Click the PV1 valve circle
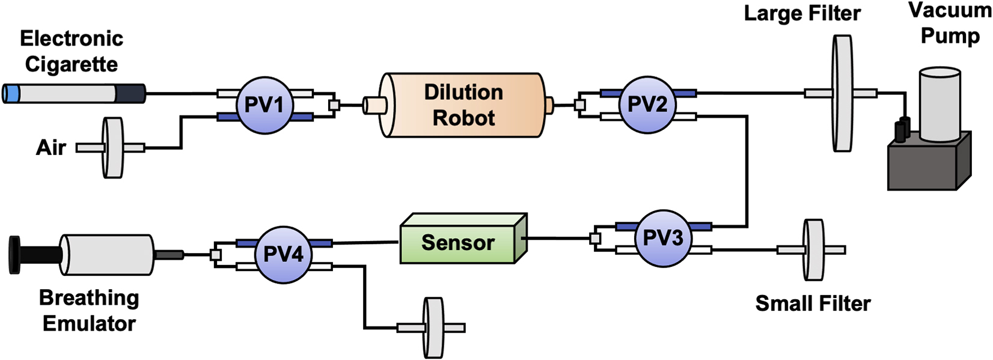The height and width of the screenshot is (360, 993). pos(264,105)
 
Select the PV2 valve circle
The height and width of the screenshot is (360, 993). pos(647,105)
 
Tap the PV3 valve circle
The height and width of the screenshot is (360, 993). pos(663,238)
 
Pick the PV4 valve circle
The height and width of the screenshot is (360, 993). pos(283,254)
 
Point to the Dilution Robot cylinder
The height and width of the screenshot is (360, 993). pos(463,105)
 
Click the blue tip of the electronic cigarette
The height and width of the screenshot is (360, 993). pos(10,94)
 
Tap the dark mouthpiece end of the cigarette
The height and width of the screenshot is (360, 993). pos(130,94)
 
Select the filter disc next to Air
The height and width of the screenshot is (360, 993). pos(112,147)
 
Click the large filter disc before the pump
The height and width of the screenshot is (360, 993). pos(843,93)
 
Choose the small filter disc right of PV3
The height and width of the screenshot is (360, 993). pos(814,249)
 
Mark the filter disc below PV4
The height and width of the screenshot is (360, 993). pos(433,328)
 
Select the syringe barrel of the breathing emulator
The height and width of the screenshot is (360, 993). pos(108,255)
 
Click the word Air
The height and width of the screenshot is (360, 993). pos(50,147)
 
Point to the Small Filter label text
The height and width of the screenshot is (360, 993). pos(813,304)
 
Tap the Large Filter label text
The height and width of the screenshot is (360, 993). pos(802,13)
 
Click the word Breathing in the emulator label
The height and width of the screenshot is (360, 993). pos(89,298)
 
